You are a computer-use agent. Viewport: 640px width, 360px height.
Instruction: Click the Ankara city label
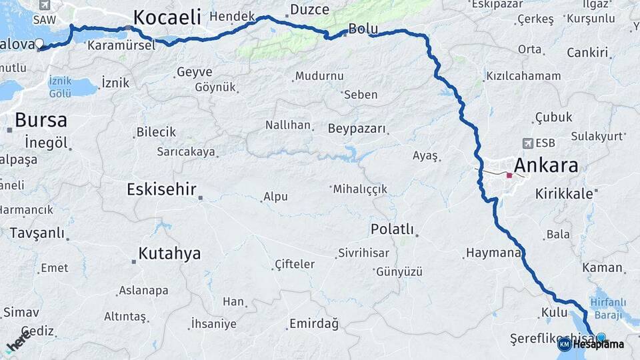point(546,165)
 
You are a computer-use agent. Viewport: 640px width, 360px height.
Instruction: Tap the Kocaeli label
point(167,17)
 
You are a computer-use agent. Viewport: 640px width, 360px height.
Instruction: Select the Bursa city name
point(41,120)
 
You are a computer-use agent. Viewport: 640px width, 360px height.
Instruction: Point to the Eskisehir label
point(161,189)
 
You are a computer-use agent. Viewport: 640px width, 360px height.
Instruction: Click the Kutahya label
point(169,253)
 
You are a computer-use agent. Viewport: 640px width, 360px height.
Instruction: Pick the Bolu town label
point(363,29)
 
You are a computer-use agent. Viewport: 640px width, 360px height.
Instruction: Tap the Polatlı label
point(392,230)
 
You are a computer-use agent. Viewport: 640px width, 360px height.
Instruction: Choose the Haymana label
point(493,253)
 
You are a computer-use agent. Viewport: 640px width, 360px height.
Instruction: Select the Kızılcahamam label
point(523,76)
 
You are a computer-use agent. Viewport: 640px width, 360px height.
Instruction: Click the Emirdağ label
point(313,324)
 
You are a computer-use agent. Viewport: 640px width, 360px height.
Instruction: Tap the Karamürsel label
point(121,45)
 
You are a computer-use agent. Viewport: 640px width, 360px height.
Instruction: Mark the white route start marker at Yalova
point(39,44)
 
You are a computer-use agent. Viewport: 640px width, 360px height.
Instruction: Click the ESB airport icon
point(528,143)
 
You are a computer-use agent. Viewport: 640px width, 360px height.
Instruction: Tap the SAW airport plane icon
point(45,5)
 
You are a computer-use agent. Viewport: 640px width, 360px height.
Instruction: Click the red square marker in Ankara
point(509,175)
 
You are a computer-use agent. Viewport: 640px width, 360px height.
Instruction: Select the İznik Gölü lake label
point(60,87)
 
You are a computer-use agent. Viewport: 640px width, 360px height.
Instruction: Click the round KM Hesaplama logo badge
point(564,344)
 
